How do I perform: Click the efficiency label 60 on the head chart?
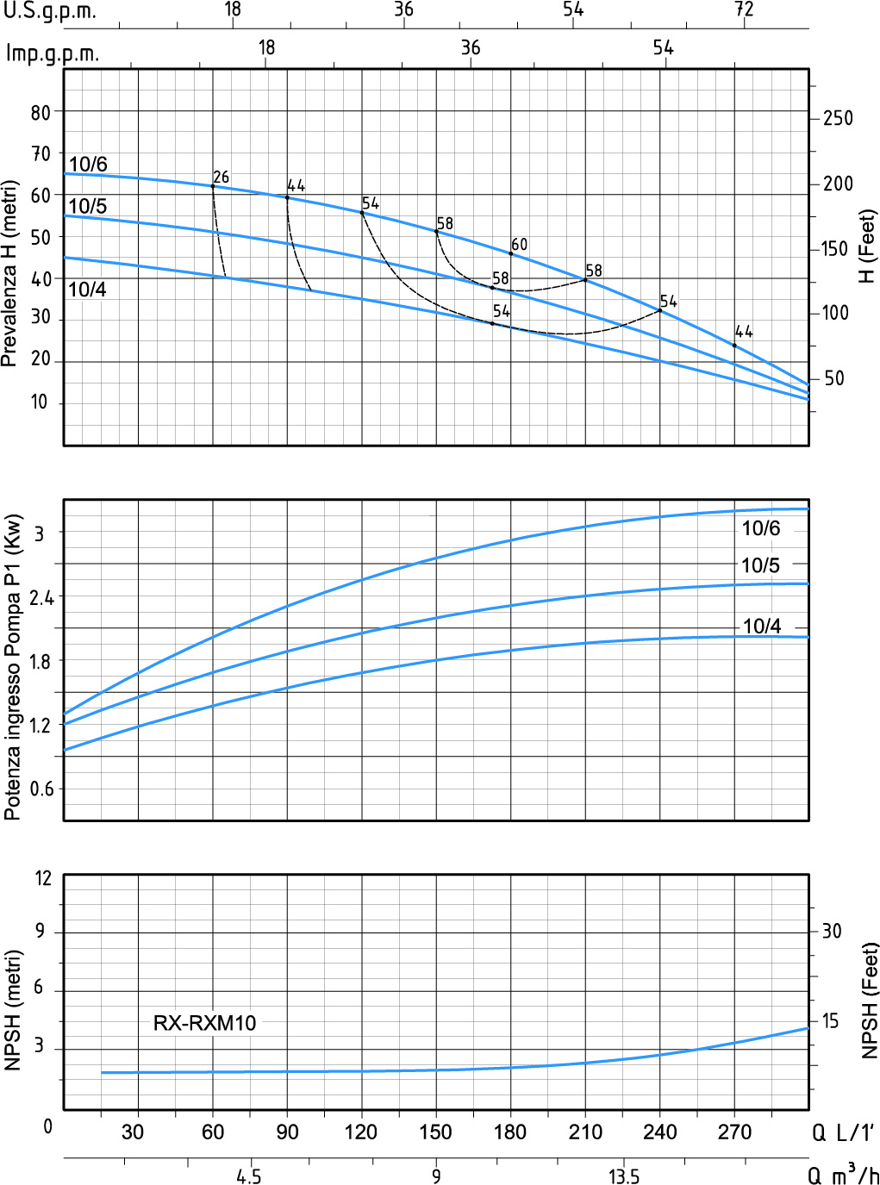click(519, 245)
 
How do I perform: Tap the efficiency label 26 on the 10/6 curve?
click(221, 177)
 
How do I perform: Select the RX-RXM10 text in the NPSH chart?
click(204, 1023)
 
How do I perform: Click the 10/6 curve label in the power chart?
click(761, 528)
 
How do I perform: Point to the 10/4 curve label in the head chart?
click(87, 290)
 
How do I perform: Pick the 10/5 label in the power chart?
click(760, 565)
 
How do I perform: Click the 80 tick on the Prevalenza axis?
click(41, 112)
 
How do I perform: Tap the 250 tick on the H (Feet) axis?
click(837, 118)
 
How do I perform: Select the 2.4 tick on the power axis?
click(41, 597)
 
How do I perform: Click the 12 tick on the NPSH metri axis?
click(43, 878)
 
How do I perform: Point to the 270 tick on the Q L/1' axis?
click(734, 1132)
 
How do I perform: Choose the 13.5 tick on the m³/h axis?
click(623, 1176)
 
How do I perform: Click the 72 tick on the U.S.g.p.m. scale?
click(744, 9)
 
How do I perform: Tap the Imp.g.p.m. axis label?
click(53, 53)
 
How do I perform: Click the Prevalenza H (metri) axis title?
click(9, 273)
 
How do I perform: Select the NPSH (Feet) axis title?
click(870, 1000)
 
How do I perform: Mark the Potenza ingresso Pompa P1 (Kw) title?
click(12, 667)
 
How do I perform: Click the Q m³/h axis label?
click(843, 1175)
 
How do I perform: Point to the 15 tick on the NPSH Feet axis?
click(830, 1021)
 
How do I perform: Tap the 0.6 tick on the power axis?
click(41, 789)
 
